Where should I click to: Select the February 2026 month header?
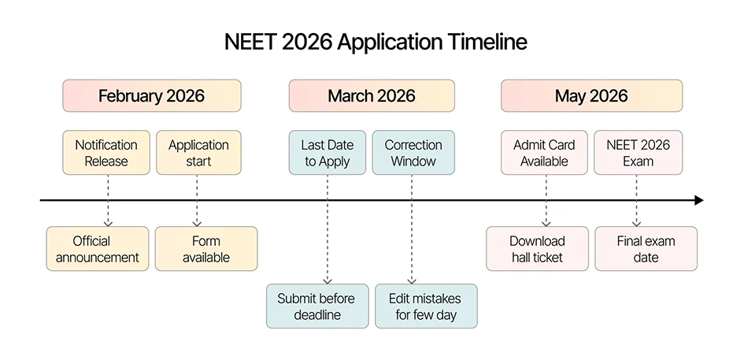click(x=151, y=96)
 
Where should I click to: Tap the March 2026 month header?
click(x=372, y=96)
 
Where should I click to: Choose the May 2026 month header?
click(x=591, y=96)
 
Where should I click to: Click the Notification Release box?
click(x=106, y=153)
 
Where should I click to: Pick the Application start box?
click(x=198, y=153)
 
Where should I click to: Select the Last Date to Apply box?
click(x=327, y=153)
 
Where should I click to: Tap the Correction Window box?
click(x=413, y=153)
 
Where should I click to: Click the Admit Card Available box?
click(x=544, y=153)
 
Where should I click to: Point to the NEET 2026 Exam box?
click(x=638, y=153)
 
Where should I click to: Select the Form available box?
click(x=205, y=249)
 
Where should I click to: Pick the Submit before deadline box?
click(x=316, y=306)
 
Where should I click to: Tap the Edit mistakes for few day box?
click(x=425, y=306)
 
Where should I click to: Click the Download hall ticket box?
click(x=537, y=249)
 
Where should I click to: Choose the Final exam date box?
click(x=646, y=249)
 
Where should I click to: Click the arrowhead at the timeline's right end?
click(x=698, y=201)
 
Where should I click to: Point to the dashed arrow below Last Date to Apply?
click(x=327, y=236)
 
